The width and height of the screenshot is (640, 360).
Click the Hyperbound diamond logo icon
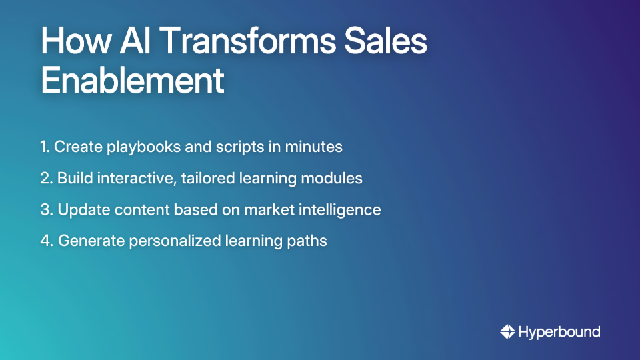pos(507,331)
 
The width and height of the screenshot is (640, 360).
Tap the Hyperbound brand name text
pos(559,331)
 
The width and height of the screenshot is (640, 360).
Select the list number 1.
pos(44,147)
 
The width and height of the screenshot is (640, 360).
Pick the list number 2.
pos(45,178)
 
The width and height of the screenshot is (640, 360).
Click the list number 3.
pos(46,209)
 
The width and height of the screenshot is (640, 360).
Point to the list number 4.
pos(46,241)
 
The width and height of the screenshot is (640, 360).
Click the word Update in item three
pos(78,209)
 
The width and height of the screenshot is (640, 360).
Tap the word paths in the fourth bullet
pos(308,241)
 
